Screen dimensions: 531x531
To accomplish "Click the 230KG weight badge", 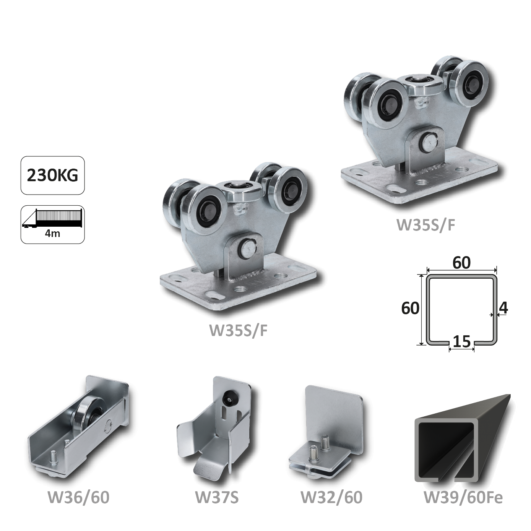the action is [53, 175].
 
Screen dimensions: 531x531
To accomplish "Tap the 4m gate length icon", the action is [53, 224].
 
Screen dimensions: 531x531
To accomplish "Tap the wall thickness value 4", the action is [503, 308].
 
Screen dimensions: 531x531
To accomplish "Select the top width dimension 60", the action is [461, 263].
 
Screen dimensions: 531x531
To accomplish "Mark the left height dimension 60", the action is [410, 308].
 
